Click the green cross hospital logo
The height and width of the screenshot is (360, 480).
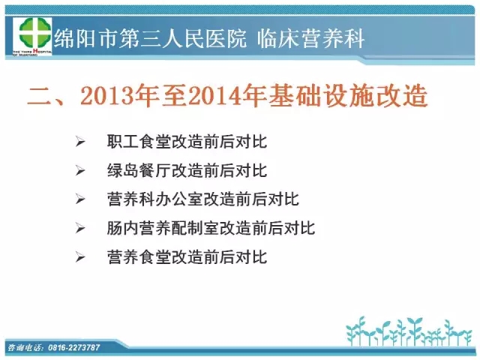coord(32,36)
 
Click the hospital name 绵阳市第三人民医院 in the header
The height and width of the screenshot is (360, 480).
coord(150,38)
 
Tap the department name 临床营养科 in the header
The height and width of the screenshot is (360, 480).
coord(310,38)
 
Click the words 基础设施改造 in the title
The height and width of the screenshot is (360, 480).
coord(348,96)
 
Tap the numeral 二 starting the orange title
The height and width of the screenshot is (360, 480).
coord(40,96)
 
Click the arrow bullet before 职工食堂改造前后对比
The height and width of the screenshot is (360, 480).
coord(80,142)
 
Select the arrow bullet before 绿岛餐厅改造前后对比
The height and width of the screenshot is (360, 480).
coord(80,170)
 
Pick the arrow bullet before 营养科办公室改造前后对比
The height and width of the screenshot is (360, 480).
coord(80,199)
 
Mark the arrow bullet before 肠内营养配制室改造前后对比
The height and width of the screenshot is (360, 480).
coord(80,228)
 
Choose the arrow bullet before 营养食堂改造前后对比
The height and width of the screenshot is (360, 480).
coord(80,256)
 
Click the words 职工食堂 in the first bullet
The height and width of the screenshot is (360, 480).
coord(139,142)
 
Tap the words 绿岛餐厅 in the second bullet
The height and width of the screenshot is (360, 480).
coord(139,170)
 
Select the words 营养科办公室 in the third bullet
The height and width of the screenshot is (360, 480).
coord(154,199)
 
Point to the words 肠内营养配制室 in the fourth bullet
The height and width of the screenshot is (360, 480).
coord(163,228)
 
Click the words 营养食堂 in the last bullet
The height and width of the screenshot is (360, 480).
coord(139,256)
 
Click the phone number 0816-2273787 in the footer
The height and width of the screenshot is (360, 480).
coord(73,347)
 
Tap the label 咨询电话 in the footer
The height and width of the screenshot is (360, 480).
coord(26,347)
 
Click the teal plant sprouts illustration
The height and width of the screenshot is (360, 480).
coord(409,331)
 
